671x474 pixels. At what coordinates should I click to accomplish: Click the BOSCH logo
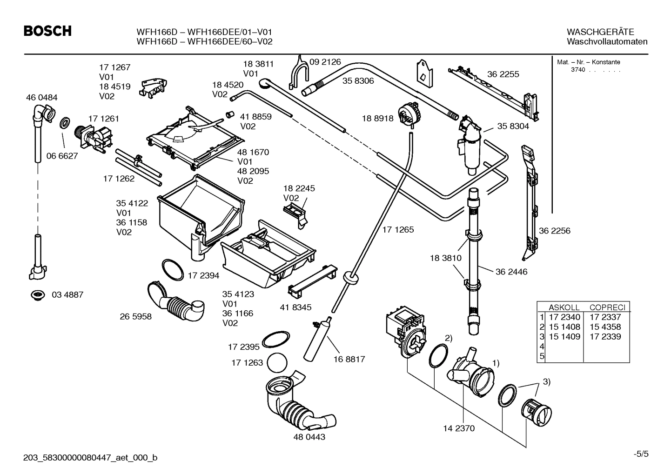[47, 31]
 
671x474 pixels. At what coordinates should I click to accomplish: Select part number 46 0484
[42, 98]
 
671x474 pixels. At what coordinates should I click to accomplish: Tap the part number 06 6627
[62, 156]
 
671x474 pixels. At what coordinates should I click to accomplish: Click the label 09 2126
[325, 62]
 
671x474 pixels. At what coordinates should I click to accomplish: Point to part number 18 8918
[377, 119]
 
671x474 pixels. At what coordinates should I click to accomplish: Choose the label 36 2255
[503, 74]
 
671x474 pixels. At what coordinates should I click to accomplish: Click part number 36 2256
[554, 231]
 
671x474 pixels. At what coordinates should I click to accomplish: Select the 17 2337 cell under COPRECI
[605, 317]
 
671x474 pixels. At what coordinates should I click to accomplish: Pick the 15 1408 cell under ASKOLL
[564, 327]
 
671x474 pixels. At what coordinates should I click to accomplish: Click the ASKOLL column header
[564, 307]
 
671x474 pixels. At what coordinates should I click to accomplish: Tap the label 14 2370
[459, 428]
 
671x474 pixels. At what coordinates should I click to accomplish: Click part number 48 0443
[309, 437]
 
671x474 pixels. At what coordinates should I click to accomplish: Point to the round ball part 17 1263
[278, 362]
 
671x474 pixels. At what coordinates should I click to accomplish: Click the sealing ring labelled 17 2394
[173, 270]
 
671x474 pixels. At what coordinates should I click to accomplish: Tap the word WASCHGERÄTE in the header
[600, 32]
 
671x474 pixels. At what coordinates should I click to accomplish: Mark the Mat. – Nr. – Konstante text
[588, 62]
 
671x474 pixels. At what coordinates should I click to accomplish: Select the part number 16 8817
[349, 359]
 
